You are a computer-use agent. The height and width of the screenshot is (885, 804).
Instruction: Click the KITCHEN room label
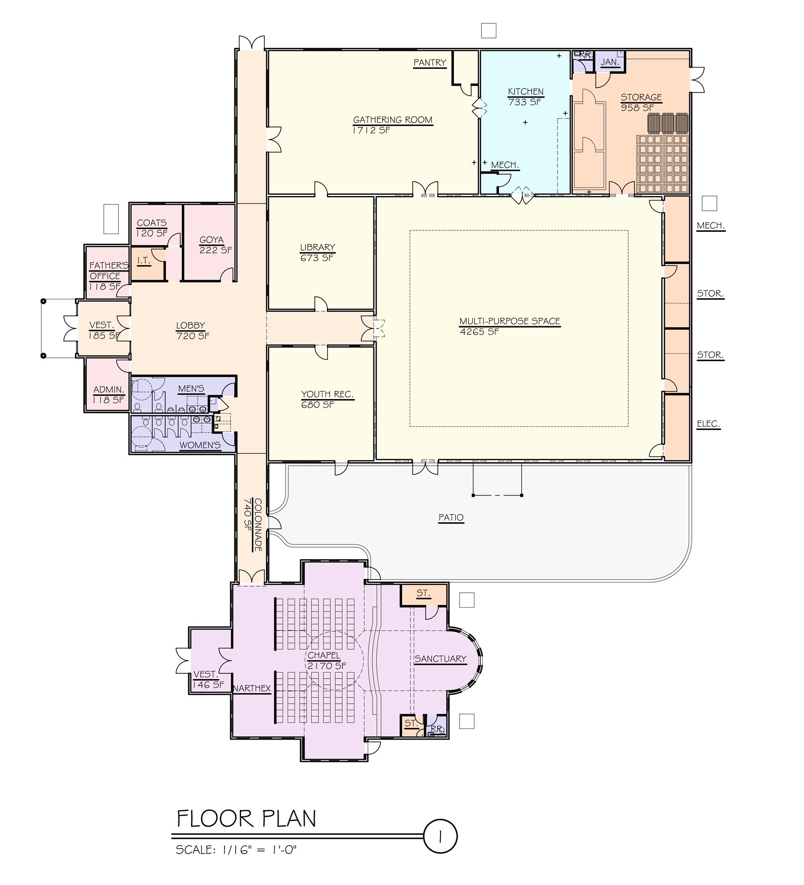click(x=525, y=92)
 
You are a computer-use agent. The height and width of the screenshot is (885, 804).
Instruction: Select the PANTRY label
click(x=430, y=63)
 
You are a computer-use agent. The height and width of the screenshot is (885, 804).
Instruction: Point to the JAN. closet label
click(x=610, y=62)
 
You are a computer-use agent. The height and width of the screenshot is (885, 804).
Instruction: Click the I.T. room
click(x=144, y=260)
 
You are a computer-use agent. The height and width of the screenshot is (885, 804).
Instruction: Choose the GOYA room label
click(x=212, y=240)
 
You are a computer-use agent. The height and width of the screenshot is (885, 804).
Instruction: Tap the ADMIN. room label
click(x=108, y=390)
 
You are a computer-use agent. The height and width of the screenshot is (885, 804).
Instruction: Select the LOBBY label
click(x=190, y=326)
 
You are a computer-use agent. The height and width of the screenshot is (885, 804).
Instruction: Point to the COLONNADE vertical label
click(x=258, y=524)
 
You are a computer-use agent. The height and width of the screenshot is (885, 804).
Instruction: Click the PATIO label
click(x=451, y=518)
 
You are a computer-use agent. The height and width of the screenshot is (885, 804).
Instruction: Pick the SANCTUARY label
click(x=440, y=659)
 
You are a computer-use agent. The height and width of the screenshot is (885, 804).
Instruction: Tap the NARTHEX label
click(x=252, y=689)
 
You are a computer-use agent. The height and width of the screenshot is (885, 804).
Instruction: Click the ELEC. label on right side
click(x=708, y=424)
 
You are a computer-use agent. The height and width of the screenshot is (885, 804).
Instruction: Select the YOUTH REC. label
click(x=327, y=394)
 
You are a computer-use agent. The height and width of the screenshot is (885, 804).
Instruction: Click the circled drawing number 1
click(x=440, y=837)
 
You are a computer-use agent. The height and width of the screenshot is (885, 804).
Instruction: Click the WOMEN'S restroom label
click(x=200, y=445)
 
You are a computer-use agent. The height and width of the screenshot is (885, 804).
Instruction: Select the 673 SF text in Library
click(x=317, y=258)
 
